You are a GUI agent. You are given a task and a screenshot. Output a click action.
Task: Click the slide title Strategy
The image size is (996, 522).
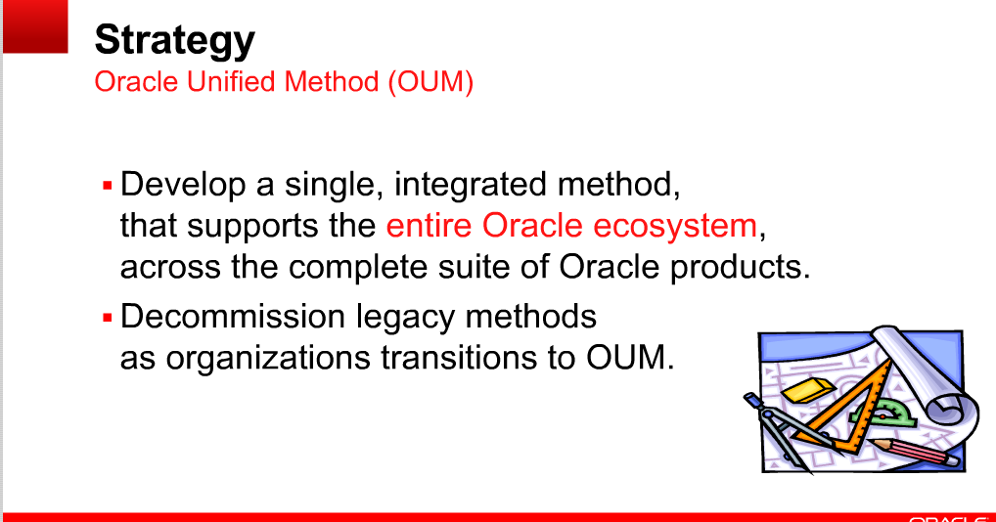174,40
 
